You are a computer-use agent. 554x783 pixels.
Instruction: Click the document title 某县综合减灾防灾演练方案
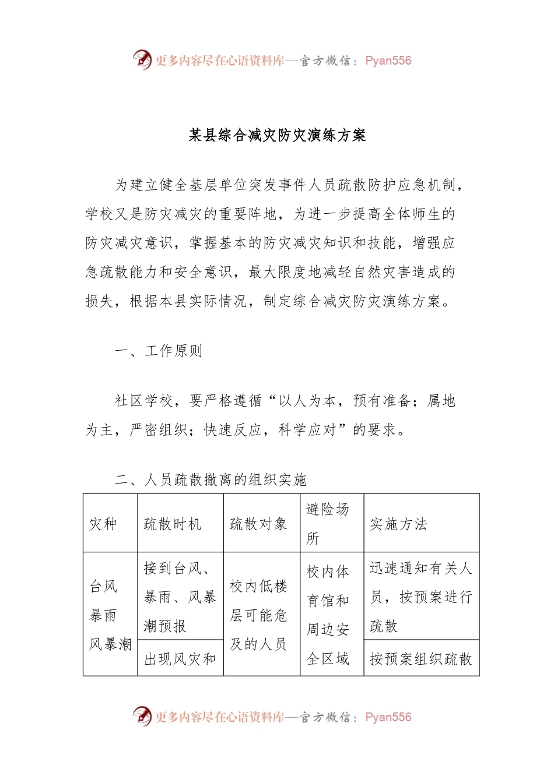(277, 136)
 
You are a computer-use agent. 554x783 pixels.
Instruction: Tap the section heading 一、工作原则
(159, 351)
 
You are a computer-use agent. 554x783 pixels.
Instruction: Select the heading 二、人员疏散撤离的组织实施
(211, 479)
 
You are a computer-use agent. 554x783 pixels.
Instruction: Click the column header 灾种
(103, 524)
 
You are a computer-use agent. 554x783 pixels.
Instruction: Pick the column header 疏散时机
(173, 524)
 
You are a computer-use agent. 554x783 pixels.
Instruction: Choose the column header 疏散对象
(258, 524)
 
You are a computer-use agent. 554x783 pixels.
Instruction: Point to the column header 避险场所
(328, 523)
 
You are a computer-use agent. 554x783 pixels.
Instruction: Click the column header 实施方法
(398, 524)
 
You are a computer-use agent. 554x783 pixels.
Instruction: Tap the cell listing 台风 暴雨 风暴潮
(110, 615)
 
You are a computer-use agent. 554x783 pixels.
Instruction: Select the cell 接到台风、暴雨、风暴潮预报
(180, 597)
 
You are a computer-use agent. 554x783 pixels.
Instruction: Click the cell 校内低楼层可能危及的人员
(258, 615)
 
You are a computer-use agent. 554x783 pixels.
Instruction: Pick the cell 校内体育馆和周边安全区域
(328, 615)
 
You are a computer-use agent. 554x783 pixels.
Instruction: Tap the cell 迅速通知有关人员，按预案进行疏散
(420, 597)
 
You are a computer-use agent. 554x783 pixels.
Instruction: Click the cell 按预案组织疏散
(420, 659)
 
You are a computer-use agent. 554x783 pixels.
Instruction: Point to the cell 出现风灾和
(180, 659)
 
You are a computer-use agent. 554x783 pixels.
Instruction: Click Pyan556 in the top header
(388, 61)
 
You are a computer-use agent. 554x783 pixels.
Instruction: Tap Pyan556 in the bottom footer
(388, 717)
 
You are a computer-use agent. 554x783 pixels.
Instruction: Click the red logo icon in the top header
(142, 59)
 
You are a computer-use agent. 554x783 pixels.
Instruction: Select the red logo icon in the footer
(142, 716)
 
